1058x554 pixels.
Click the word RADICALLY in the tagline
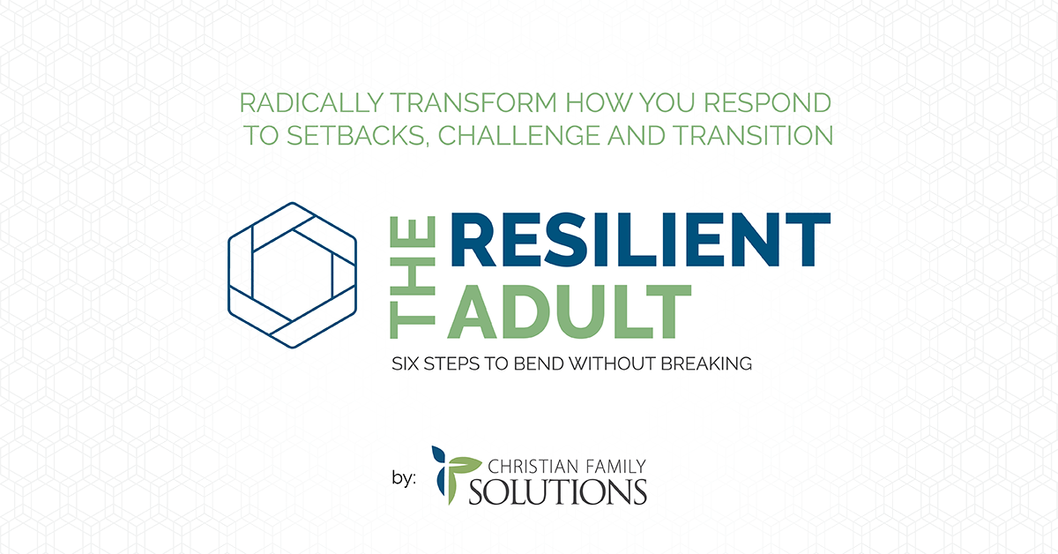[311, 103]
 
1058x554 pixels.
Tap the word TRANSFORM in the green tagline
[473, 103]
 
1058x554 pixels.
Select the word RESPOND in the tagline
[768, 103]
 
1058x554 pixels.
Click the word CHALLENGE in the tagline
[519, 135]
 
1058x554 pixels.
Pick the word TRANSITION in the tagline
[753, 135]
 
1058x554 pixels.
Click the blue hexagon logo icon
[293, 275]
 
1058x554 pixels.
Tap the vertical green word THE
[413, 278]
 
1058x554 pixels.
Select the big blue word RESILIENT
[640, 239]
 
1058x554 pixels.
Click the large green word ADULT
[570, 312]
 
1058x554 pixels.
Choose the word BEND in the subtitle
[539, 364]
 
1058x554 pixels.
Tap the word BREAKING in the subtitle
[706, 364]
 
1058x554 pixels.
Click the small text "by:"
[404, 478]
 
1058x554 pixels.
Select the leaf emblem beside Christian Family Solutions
[454, 475]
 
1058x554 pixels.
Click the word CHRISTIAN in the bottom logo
[533, 467]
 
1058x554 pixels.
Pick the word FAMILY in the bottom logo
[615, 467]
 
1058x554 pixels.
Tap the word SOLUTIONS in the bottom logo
[557, 492]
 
